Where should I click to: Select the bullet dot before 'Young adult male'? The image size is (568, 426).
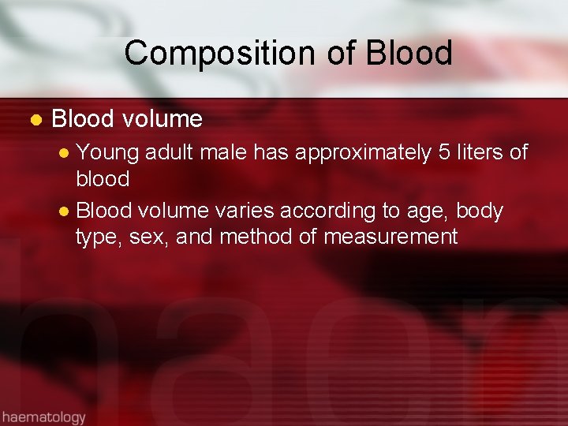point(65,152)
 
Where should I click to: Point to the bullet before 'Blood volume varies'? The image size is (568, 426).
point(65,212)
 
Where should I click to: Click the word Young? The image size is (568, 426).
point(107,152)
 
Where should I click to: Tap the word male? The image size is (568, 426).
point(230,151)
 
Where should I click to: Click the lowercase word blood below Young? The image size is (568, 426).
point(103,178)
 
